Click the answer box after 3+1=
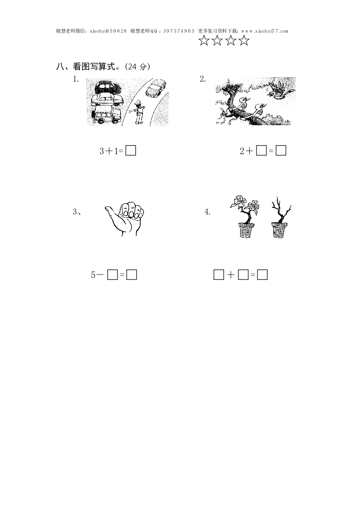coord(131,151)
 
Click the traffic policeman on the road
coord(138,112)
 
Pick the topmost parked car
coord(108,87)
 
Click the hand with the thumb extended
coord(125,219)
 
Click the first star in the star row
coord(204,40)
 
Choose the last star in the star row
coord(244,40)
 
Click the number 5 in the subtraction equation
coord(93,275)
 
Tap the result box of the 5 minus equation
coord(132,275)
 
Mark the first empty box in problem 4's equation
coord(219,275)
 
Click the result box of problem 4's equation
coord(262,275)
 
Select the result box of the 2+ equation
coord(281,151)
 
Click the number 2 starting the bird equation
coord(242,151)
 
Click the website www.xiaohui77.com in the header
coord(265,31)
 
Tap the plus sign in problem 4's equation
coord(231,275)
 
